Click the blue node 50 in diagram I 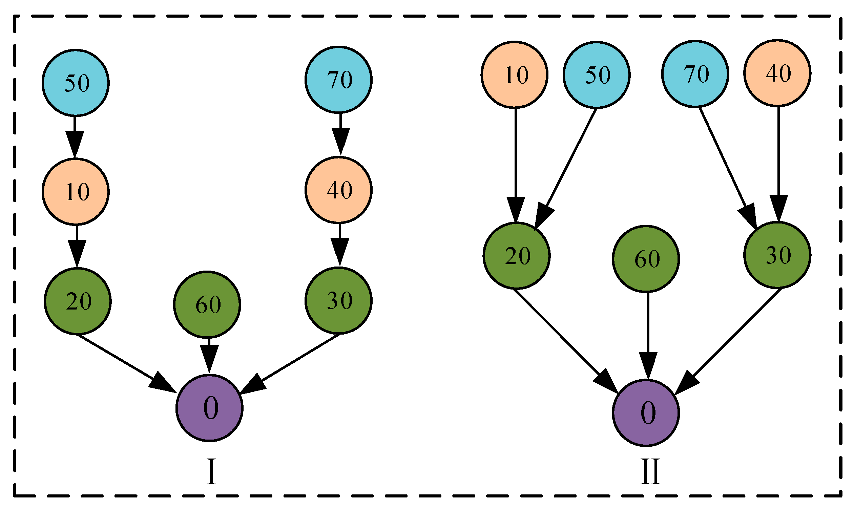(x=76, y=83)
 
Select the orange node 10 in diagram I (x=76, y=191)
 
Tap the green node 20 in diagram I (x=78, y=301)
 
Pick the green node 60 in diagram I (x=207, y=304)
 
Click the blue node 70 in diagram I (x=338, y=79)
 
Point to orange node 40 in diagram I (x=338, y=190)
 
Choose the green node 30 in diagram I (x=338, y=300)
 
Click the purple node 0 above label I (x=209, y=408)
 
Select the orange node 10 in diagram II (x=515, y=75)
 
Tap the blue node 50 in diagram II (x=597, y=75)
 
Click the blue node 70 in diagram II (x=695, y=73)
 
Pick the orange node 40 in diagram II (x=777, y=73)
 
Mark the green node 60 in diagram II (x=646, y=259)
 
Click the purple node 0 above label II (x=646, y=413)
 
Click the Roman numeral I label (x=211, y=472)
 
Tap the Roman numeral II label (x=650, y=472)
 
